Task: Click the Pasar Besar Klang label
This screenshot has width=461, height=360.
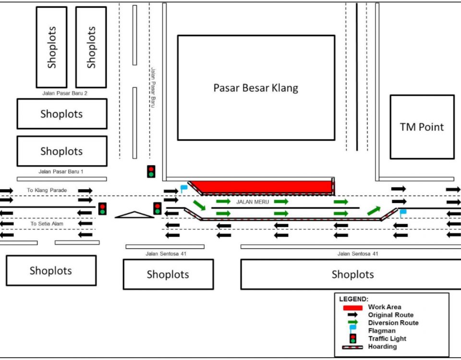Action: click(x=255, y=88)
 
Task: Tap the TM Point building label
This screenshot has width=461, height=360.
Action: click(x=422, y=127)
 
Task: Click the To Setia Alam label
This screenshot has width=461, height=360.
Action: click(x=47, y=224)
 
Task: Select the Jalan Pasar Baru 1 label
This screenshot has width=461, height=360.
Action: click(x=61, y=171)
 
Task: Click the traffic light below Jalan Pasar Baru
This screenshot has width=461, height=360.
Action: click(x=151, y=171)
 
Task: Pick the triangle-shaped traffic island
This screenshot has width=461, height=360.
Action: click(x=134, y=215)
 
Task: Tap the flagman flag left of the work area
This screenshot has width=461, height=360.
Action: click(x=183, y=189)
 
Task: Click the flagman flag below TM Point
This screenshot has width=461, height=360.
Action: click(x=402, y=213)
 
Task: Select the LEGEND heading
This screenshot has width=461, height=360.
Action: click(x=353, y=299)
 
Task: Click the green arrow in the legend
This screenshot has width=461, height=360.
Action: click(x=353, y=323)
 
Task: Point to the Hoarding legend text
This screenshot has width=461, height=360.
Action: click(x=382, y=346)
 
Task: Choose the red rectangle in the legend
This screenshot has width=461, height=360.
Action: click(x=352, y=307)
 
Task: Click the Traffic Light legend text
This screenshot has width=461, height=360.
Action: click(x=387, y=338)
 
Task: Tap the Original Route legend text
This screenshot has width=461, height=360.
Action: click(x=390, y=315)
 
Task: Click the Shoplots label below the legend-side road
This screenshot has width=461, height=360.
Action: click(x=352, y=275)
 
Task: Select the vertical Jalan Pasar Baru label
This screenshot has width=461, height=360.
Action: click(x=153, y=87)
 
